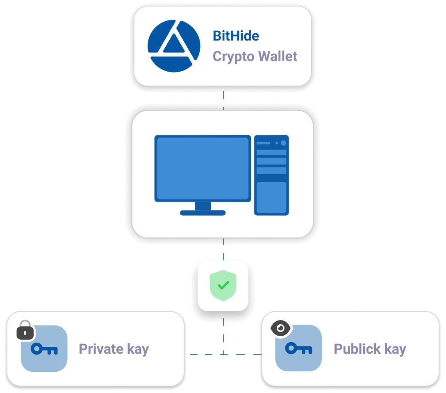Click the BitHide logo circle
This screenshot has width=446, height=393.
pyautogui.click(x=174, y=46)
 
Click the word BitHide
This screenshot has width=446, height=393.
pyautogui.click(x=236, y=36)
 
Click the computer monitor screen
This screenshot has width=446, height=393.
pyautogui.click(x=203, y=168)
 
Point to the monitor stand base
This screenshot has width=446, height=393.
pyautogui.click(x=203, y=212)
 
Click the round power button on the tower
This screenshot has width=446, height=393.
pyautogui.click(x=283, y=143)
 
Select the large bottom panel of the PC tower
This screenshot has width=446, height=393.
pyautogui.click(x=271, y=198)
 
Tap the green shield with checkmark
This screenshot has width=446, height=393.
pyautogui.click(x=223, y=285)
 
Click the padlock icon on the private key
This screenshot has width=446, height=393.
pyautogui.click(x=25, y=330)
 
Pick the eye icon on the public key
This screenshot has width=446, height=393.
pyautogui.click(x=280, y=328)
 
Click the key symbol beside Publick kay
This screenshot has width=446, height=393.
pyautogui.click(x=298, y=349)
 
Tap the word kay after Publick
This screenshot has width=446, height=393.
pyautogui.click(x=395, y=349)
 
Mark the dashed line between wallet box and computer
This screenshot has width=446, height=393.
pyautogui.click(x=223, y=98)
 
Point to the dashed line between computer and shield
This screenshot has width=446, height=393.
pyautogui.click(x=223, y=249)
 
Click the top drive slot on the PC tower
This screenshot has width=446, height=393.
pyautogui.click(x=271, y=152)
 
